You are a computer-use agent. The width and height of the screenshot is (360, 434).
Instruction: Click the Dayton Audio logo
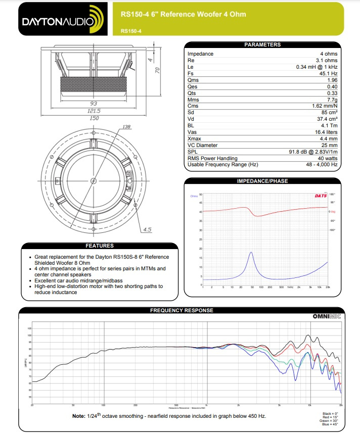point(61,19)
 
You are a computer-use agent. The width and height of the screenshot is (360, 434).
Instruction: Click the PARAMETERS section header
point(262,44)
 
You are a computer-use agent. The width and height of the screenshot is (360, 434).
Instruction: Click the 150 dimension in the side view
point(94,118)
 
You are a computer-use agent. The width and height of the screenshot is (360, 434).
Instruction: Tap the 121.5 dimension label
point(94,111)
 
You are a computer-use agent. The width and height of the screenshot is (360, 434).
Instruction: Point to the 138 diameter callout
point(127,127)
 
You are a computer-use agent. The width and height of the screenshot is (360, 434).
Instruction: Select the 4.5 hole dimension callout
point(147,229)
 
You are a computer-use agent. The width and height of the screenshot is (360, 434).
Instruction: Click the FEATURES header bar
point(99,246)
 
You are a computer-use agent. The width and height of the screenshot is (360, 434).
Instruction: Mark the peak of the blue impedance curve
point(251,252)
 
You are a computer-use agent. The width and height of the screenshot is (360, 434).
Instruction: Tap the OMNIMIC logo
point(328,317)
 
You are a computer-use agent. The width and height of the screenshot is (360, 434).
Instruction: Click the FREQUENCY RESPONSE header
point(182,310)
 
